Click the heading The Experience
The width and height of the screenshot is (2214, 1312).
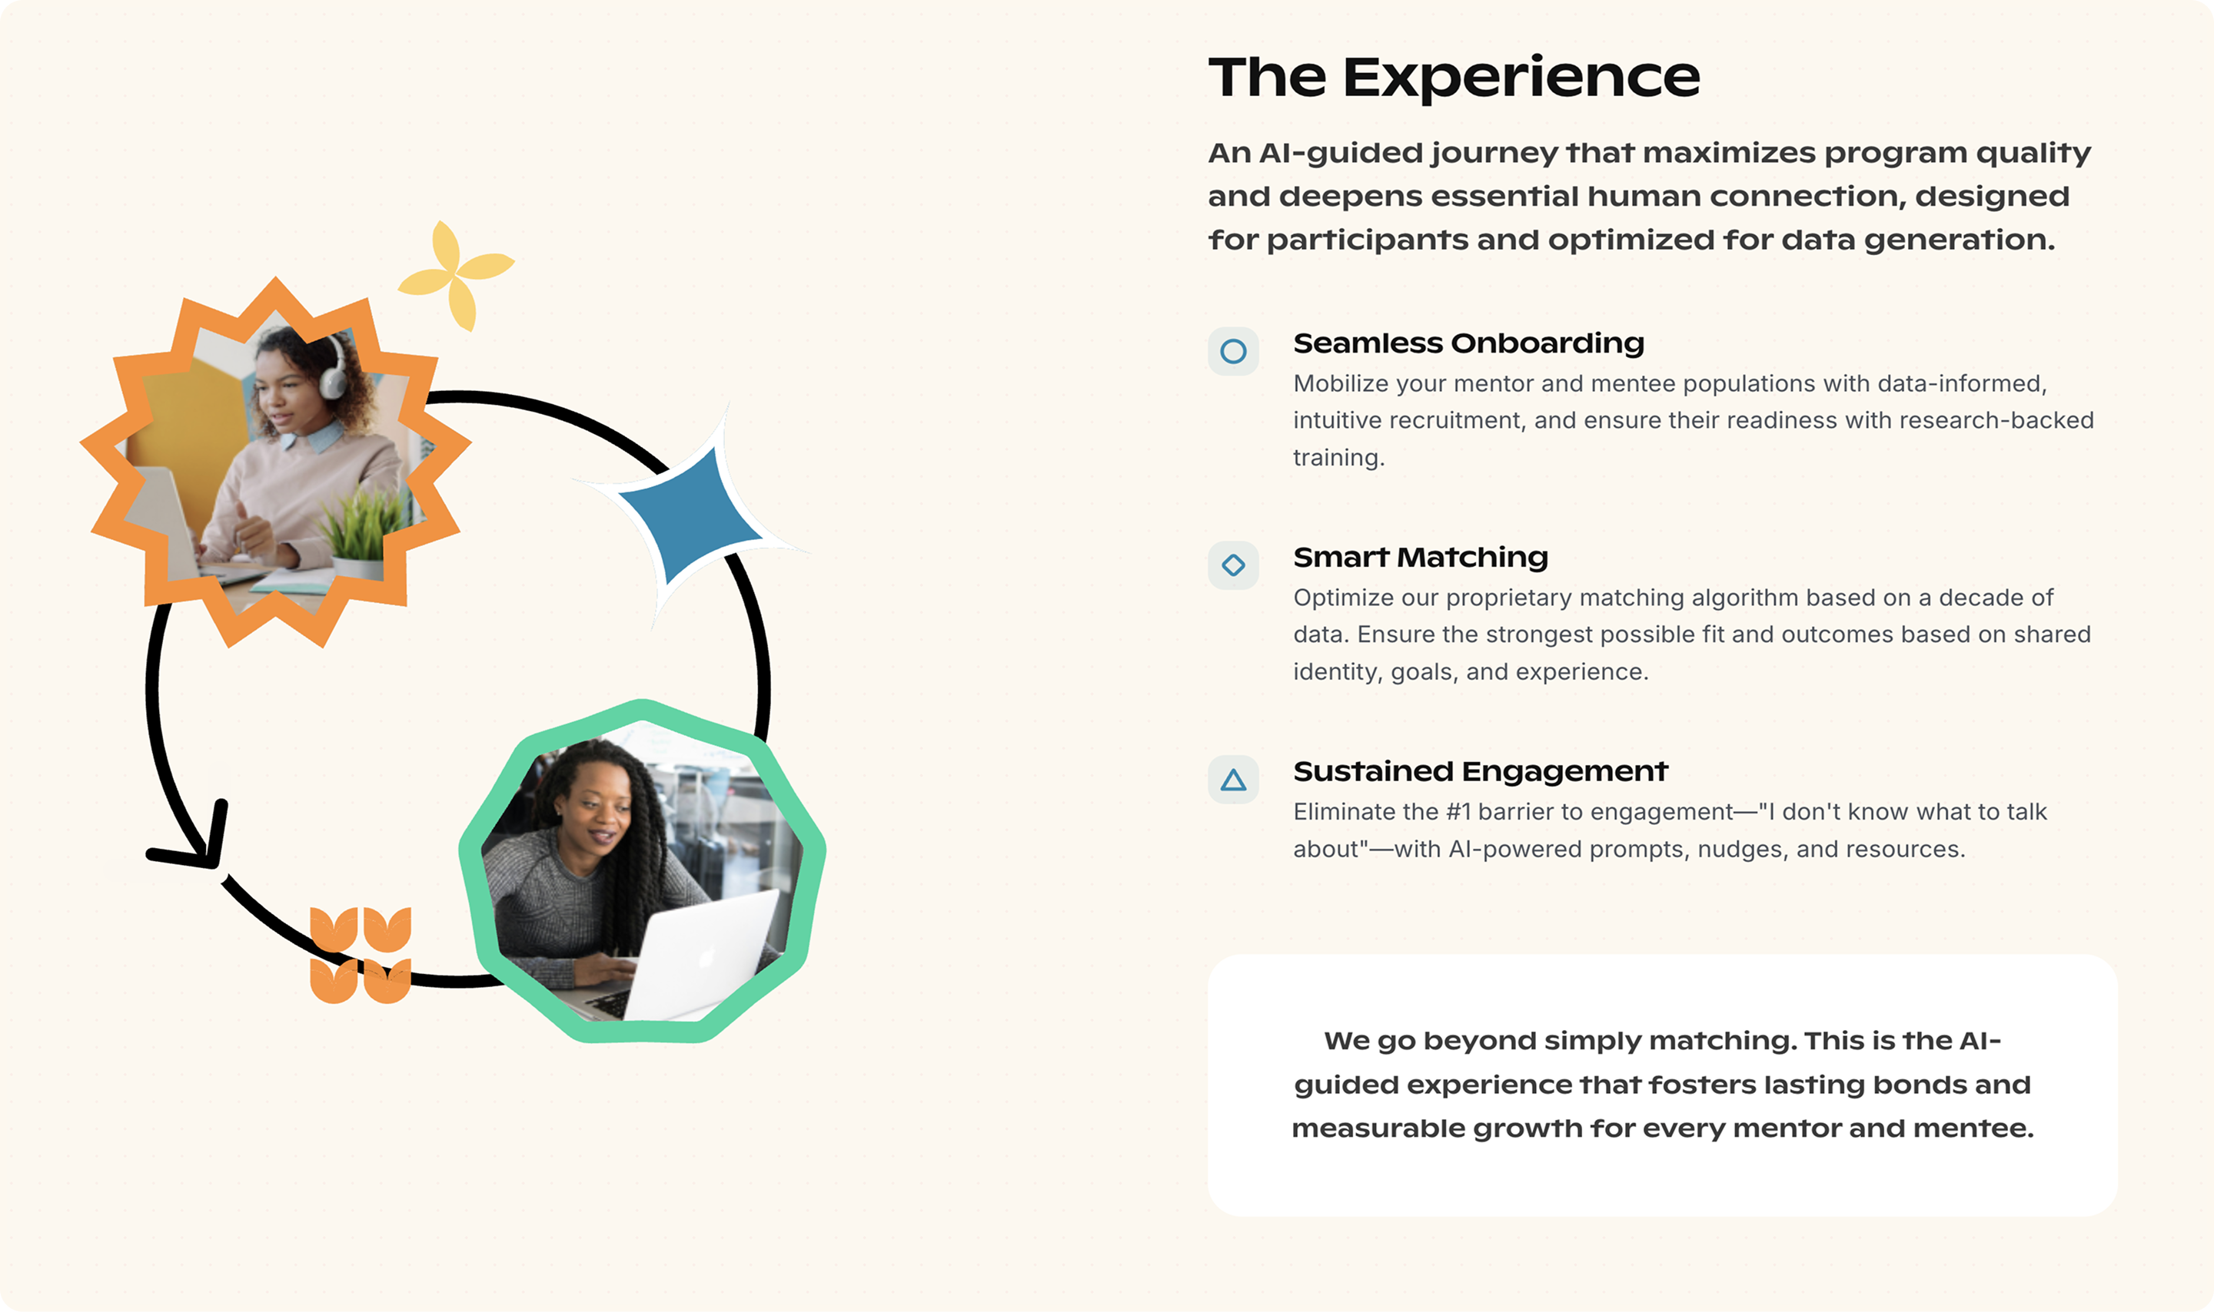[1453, 78]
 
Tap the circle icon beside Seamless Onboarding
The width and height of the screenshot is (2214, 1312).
[1233, 351]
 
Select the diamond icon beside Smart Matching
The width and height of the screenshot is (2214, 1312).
[1233, 565]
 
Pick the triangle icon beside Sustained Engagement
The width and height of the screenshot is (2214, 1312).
[1233, 779]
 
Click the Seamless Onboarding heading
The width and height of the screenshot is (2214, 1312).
[1468, 343]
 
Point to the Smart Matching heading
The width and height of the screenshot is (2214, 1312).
[1421, 557]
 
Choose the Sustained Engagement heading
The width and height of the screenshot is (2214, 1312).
[1480, 771]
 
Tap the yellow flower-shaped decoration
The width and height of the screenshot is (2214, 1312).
[456, 275]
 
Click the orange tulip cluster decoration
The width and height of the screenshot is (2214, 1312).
[361, 955]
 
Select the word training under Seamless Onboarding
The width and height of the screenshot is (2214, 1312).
[1338, 458]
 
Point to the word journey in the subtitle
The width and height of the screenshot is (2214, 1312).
[1494, 154]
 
